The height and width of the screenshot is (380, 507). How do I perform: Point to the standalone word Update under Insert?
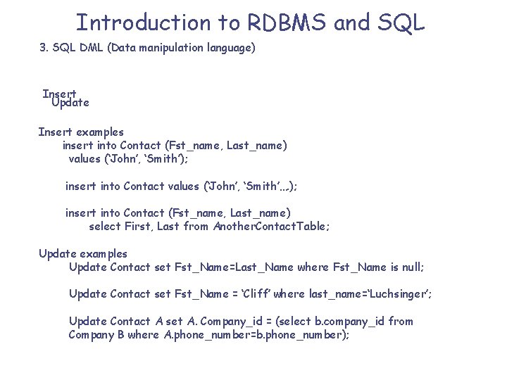tap(70, 103)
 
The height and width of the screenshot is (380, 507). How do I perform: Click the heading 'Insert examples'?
tap(81, 132)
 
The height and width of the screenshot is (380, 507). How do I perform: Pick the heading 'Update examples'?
tap(83, 253)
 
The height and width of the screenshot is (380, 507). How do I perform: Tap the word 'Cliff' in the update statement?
tap(252, 293)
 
